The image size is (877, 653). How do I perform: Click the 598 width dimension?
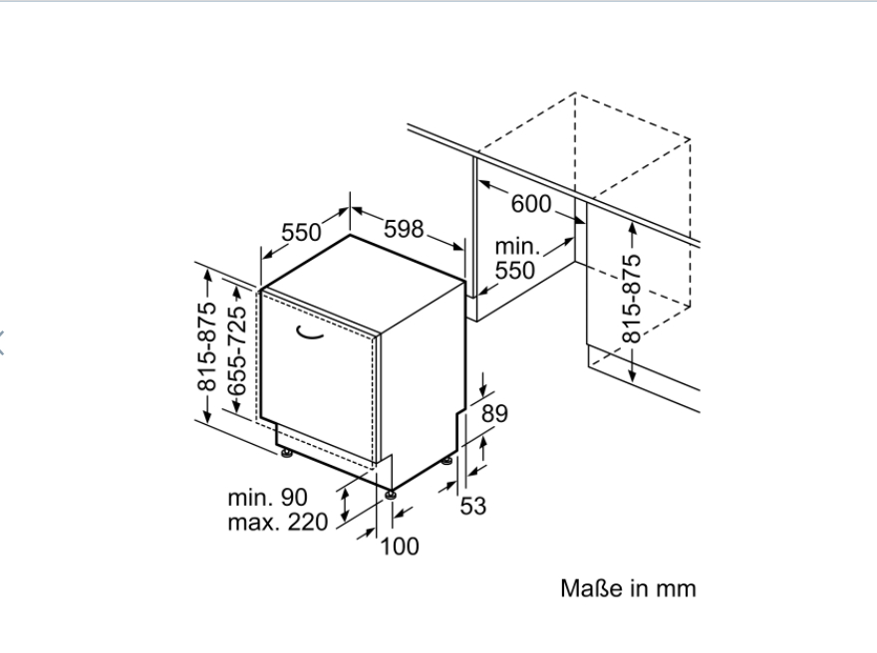coord(404,229)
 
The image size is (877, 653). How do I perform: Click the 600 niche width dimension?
coord(530,204)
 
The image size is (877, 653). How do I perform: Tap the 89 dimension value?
coord(495,413)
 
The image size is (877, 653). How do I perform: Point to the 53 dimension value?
coord(473,506)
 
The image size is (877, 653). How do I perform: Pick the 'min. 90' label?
coord(268,497)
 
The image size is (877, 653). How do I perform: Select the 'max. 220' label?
coord(278,522)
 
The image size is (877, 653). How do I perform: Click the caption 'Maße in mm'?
coord(628,588)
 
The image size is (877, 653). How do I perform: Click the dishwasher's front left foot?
coord(287,453)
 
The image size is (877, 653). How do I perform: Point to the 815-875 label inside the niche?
coord(632,298)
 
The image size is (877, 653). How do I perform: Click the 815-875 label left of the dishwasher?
coord(207,347)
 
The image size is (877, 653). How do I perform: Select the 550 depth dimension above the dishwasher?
coord(301,232)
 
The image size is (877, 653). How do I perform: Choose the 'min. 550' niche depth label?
coord(516,259)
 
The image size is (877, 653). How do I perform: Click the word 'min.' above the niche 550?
coord(516,246)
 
